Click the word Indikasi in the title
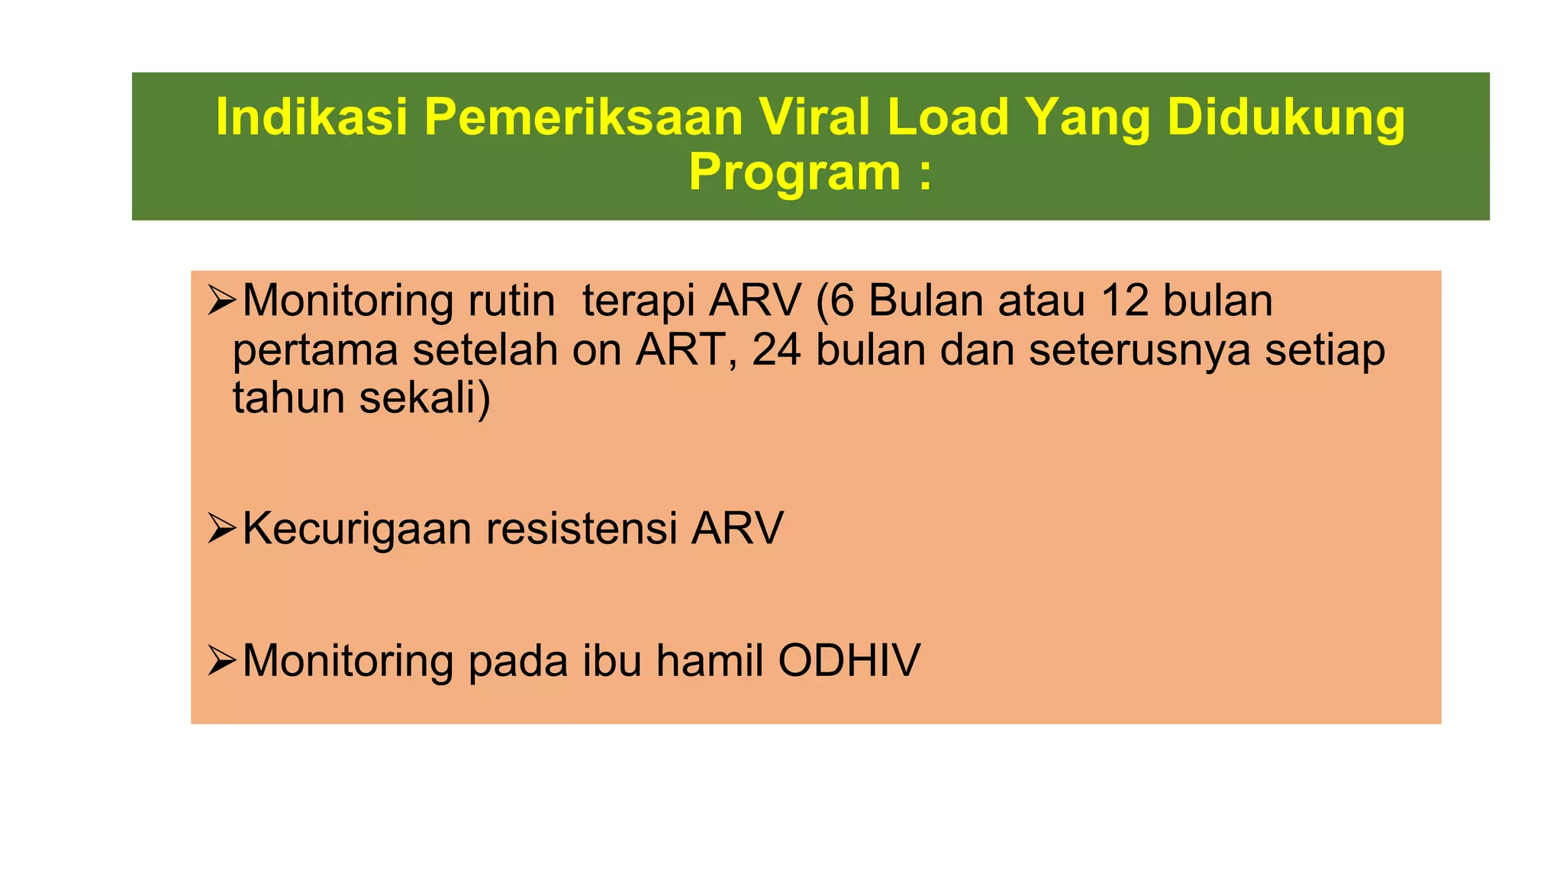click(312, 118)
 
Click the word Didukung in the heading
click(1285, 118)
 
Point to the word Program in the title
click(794, 173)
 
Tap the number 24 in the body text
click(776, 350)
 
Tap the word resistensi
click(582, 528)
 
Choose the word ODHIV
click(849, 660)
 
